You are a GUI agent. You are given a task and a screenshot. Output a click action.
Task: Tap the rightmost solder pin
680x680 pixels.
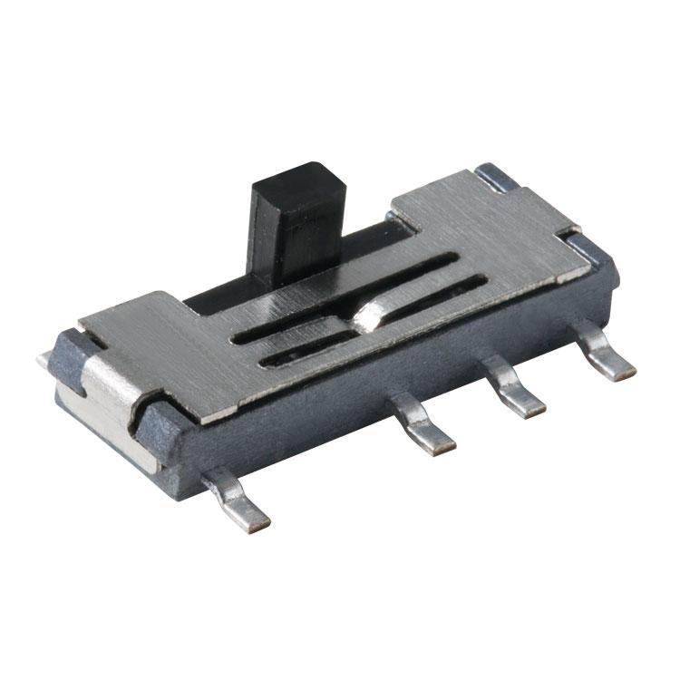click(x=607, y=355)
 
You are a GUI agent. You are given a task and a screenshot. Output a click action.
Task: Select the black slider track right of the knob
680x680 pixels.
click(x=363, y=238)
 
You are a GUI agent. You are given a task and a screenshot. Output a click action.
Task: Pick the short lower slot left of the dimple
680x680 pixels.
click(x=304, y=351)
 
